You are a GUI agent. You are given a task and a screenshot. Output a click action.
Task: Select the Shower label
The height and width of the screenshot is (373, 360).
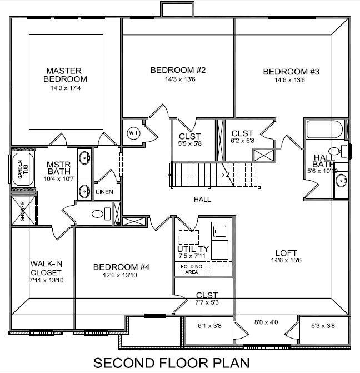[23, 211]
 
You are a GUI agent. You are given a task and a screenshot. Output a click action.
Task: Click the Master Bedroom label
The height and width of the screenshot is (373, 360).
[64, 74]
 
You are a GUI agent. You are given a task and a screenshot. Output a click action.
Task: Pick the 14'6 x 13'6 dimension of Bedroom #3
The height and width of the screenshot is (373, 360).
[291, 80]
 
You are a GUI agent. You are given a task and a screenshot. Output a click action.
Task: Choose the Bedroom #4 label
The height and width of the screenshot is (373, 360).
[122, 267]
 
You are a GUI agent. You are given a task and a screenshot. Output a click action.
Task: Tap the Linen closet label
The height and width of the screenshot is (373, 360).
[104, 192]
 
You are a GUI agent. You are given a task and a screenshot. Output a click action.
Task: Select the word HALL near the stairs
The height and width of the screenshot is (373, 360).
[202, 199]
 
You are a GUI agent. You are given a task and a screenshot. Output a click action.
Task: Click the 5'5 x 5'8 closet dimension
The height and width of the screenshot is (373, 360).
[190, 144]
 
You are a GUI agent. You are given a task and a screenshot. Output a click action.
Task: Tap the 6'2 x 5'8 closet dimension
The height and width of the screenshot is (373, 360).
[242, 141]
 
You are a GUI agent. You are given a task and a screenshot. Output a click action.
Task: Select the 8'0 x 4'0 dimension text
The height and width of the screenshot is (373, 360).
[266, 322]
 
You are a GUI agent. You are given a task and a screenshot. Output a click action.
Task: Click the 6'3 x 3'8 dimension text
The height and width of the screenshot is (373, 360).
[323, 326]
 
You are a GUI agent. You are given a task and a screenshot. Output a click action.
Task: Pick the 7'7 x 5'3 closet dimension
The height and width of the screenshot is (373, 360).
[207, 303]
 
